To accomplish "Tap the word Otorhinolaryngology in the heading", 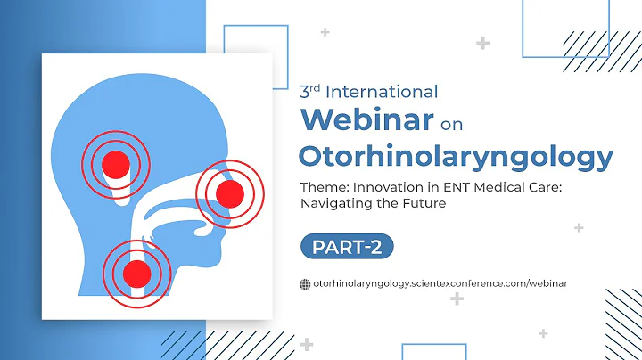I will pos(456,156).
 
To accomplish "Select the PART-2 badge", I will pos(347,247).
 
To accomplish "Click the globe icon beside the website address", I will pos(306,283).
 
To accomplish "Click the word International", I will pos(381,91).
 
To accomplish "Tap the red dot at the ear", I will pos(115,163).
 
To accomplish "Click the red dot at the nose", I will pos(230,193).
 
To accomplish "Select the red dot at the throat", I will pos(136,273).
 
